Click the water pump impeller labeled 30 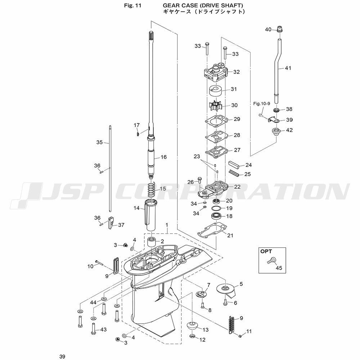coord(216,105)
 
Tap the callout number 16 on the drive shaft coord(163,157)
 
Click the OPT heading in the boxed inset coord(266,251)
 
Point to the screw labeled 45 coord(271,260)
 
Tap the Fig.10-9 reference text coord(261,104)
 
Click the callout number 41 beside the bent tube coord(288,68)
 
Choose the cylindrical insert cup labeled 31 coord(216,91)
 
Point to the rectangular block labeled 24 coord(234,165)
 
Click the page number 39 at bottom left coord(62,356)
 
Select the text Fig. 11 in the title coord(132,5)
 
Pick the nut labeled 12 coord(192,337)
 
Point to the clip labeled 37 coord(111,222)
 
